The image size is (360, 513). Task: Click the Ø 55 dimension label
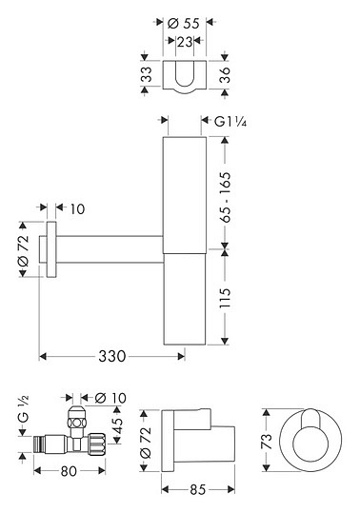183,24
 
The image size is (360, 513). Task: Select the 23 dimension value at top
184,42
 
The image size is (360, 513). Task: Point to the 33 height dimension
148,74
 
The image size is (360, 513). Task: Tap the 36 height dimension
225,74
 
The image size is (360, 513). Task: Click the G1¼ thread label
230,122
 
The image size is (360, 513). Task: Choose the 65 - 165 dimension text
225,197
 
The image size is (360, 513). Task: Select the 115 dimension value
225,298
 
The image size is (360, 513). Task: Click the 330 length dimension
112,356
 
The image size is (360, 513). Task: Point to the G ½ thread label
23,408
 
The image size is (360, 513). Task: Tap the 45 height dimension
117,424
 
